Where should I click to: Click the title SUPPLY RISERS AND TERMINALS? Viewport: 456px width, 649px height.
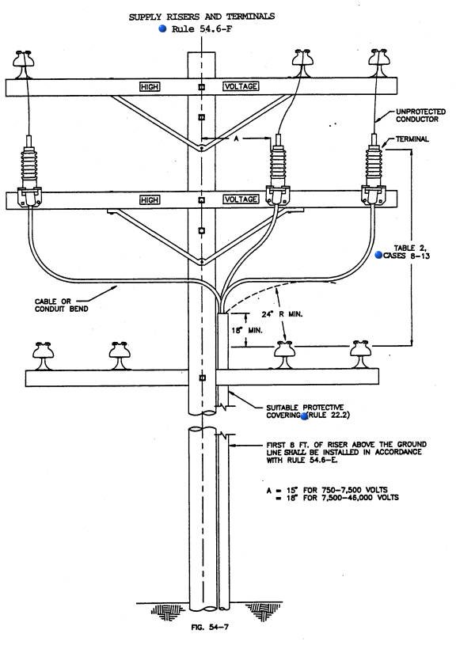pyautogui.click(x=202, y=17)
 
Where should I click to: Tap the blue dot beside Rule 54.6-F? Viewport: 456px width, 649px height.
pyautogui.click(x=162, y=28)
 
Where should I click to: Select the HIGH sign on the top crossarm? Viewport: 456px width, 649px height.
pyautogui.click(x=150, y=86)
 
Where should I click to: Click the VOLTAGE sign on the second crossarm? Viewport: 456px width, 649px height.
pyautogui.click(x=241, y=199)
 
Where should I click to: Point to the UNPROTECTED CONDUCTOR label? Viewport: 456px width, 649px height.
pyautogui.click(x=420, y=116)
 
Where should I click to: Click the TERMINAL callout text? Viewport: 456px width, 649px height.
pyautogui.click(x=412, y=139)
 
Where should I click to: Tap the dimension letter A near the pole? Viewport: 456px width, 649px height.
pyautogui.click(x=237, y=139)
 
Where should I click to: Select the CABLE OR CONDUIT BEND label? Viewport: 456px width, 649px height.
pyautogui.click(x=61, y=305)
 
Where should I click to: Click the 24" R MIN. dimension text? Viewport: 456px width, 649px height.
pyautogui.click(x=282, y=314)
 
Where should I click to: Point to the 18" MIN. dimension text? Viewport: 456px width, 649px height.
pyautogui.click(x=247, y=330)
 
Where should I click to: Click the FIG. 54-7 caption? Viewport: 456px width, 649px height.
pyautogui.click(x=210, y=627)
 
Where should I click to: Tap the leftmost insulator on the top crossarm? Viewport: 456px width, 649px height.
pyautogui.click(x=23, y=64)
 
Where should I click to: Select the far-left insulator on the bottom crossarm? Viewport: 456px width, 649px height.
pyautogui.click(x=43, y=356)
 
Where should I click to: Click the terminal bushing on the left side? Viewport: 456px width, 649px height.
pyautogui.click(x=29, y=170)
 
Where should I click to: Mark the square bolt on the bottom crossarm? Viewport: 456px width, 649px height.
pyautogui.click(x=202, y=378)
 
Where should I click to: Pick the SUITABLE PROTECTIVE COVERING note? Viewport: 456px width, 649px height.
pyautogui.click(x=308, y=411)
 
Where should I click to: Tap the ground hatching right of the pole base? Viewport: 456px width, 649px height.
pyautogui.click(x=264, y=611)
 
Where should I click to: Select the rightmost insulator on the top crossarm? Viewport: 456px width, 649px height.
pyautogui.click(x=379, y=63)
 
